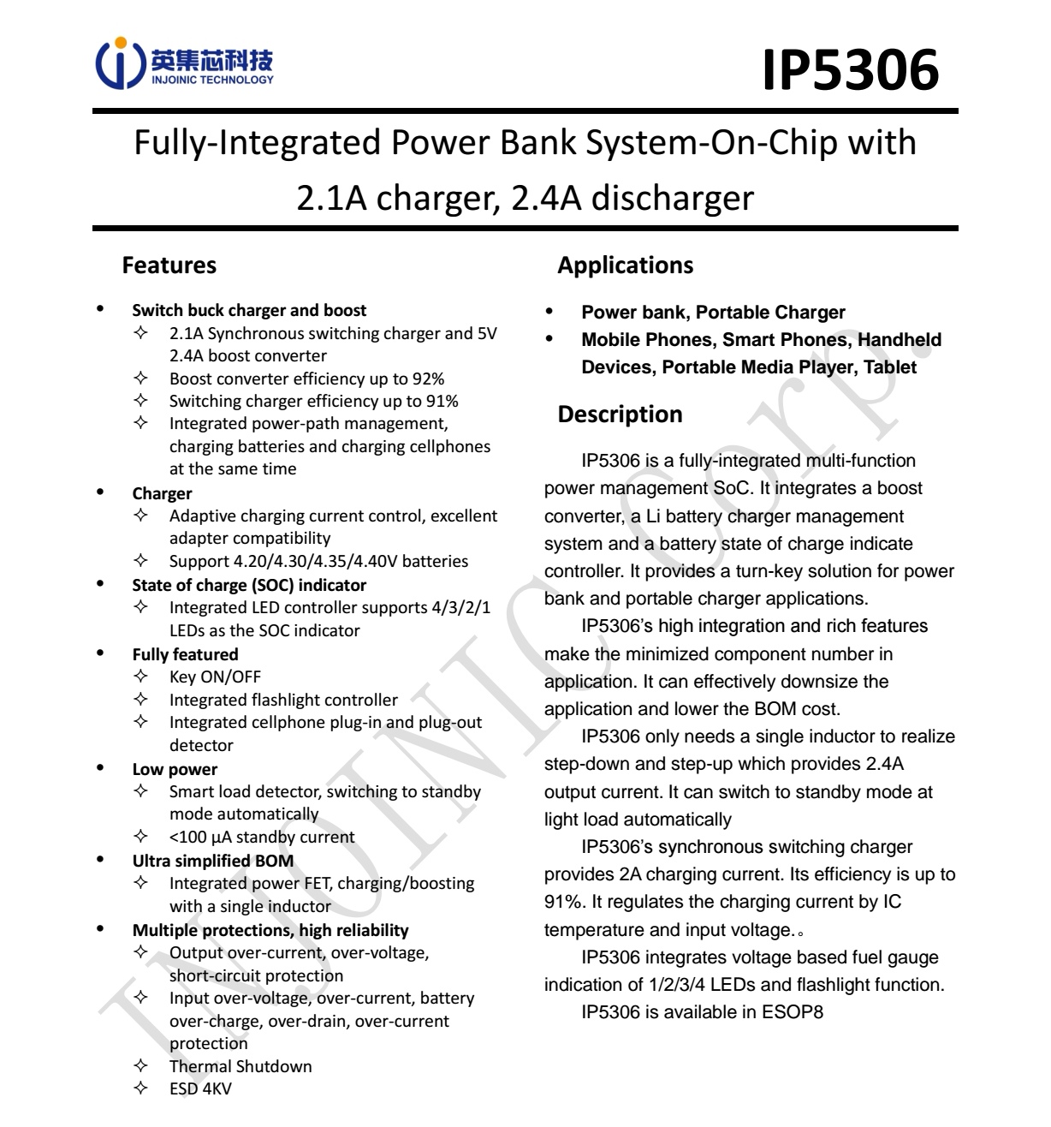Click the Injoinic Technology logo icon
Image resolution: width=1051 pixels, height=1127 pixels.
coord(119,62)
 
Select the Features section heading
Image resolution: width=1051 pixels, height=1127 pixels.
coord(169,265)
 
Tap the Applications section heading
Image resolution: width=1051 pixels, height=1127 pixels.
coord(625,265)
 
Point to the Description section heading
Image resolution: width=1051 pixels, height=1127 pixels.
coord(620,414)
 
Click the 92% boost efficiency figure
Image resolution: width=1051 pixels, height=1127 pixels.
coord(428,379)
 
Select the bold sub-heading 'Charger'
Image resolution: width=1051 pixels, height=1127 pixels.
coord(162,493)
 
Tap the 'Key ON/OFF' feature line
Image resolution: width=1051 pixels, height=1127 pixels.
coord(215,677)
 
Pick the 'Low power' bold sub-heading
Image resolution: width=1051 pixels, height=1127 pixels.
coord(175,769)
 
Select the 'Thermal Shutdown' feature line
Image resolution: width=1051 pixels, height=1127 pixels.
coord(240,1066)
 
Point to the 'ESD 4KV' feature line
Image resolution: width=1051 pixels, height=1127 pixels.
coord(200,1088)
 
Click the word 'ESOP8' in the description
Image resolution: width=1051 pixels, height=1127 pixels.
coord(793,1012)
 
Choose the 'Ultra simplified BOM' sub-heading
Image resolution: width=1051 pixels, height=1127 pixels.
coord(212,861)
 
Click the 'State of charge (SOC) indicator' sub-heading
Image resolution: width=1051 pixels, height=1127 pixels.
coord(249,585)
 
